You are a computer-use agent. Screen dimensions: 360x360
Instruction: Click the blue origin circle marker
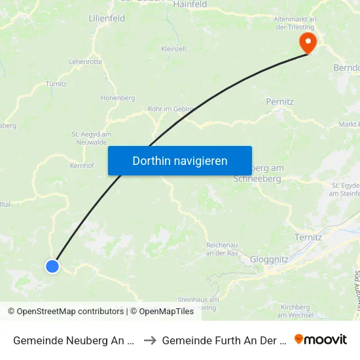pyautogui.click(x=52, y=266)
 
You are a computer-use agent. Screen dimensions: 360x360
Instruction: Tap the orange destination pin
pyautogui.click(x=308, y=43)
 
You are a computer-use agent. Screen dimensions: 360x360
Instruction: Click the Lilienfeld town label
pyautogui.click(x=107, y=19)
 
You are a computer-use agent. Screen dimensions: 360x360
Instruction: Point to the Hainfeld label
pyautogui.click(x=190, y=5)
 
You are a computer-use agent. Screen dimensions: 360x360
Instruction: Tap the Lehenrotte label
pyautogui.click(x=85, y=62)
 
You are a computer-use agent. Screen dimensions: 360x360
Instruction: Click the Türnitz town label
pyautogui.click(x=56, y=84)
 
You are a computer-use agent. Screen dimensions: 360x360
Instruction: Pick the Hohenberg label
pyautogui.click(x=118, y=98)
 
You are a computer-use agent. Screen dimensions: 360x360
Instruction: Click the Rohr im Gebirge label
pyautogui.click(x=172, y=109)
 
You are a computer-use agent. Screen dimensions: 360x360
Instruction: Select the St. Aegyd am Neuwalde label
pyautogui.click(x=91, y=138)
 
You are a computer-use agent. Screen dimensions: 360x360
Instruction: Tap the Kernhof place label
pyautogui.click(x=82, y=166)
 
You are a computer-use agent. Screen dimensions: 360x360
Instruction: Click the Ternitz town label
pyautogui.click(x=308, y=237)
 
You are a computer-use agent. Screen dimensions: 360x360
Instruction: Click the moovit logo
pyautogui.click(x=321, y=339)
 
